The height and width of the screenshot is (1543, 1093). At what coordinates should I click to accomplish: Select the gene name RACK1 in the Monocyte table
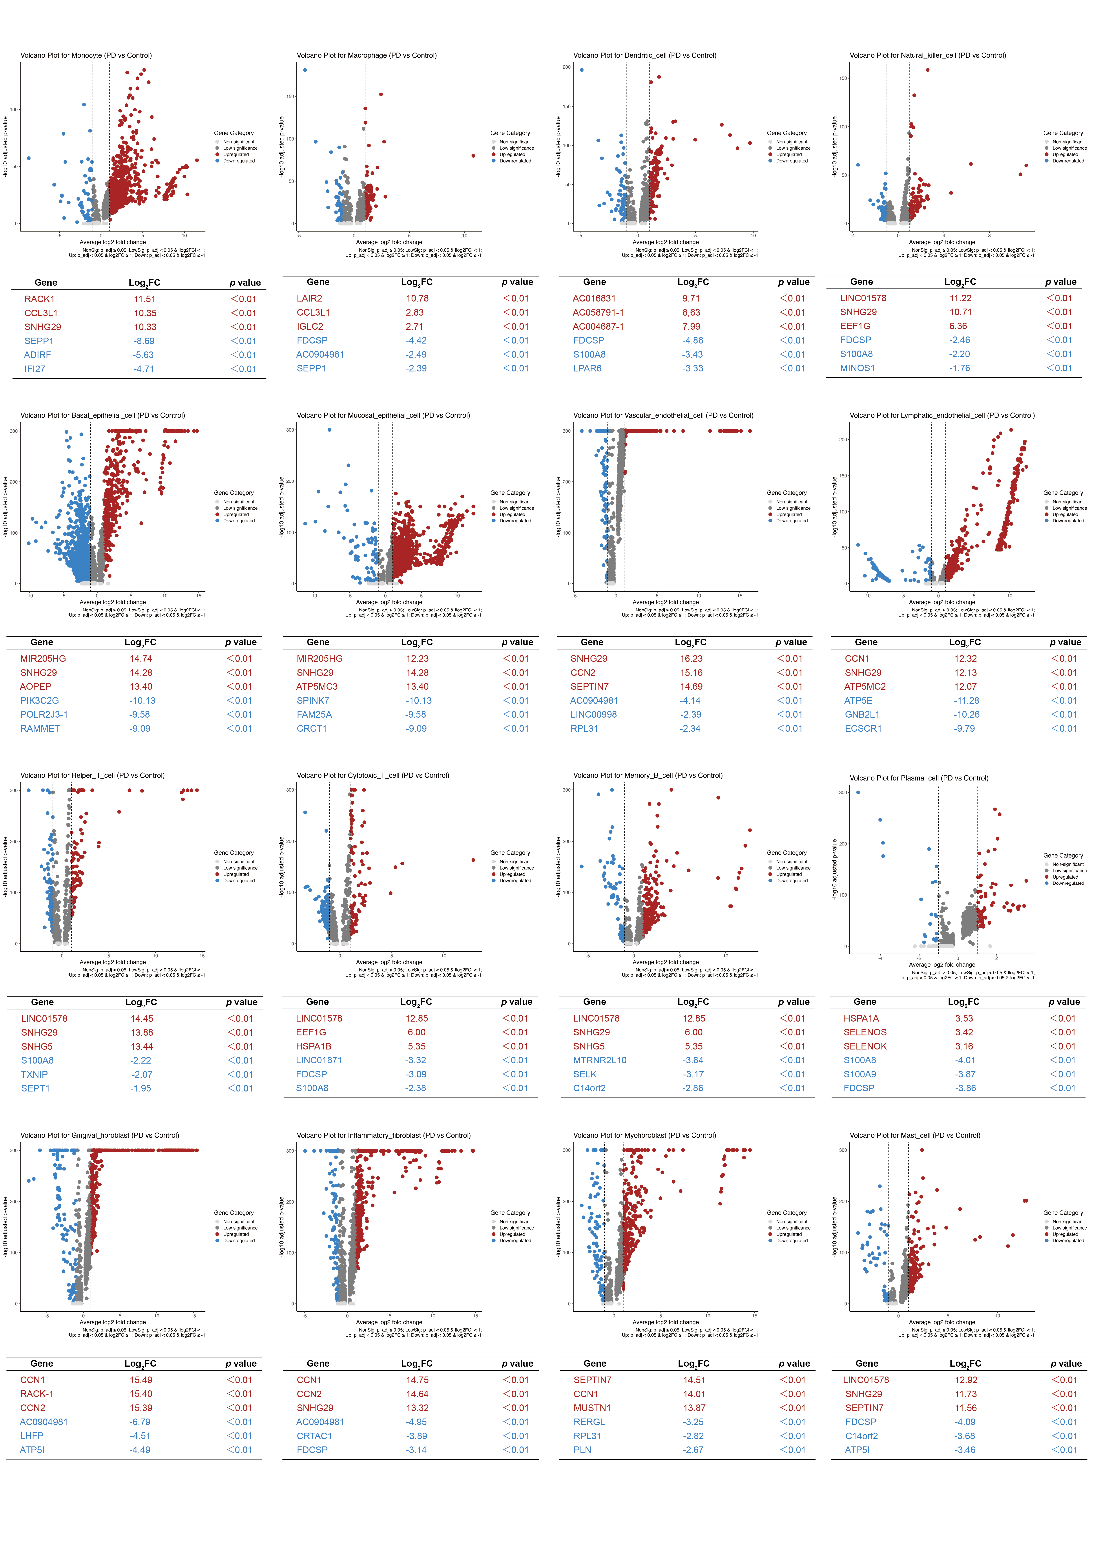[x=39, y=299]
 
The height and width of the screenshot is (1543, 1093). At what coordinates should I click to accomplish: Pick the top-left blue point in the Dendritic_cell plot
[x=582, y=69]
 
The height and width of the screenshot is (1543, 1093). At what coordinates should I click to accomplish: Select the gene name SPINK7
[x=312, y=700]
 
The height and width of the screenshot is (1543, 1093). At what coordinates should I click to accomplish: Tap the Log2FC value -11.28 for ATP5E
[x=966, y=700]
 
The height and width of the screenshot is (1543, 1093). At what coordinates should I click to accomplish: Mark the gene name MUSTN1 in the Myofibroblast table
[x=592, y=1408]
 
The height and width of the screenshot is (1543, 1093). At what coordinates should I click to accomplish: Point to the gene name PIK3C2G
[x=39, y=700]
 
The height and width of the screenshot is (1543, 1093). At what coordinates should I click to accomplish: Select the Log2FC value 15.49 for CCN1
[x=141, y=1379]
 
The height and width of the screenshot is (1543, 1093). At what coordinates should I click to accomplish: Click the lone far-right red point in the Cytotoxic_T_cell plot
[x=473, y=860]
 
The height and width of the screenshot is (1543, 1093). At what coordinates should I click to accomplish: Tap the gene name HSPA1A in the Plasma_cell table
[x=861, y=1018]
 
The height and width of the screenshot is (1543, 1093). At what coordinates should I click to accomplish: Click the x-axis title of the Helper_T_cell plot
[x=112, y=962]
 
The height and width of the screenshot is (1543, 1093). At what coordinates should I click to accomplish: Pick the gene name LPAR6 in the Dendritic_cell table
[x=587, y=368]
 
